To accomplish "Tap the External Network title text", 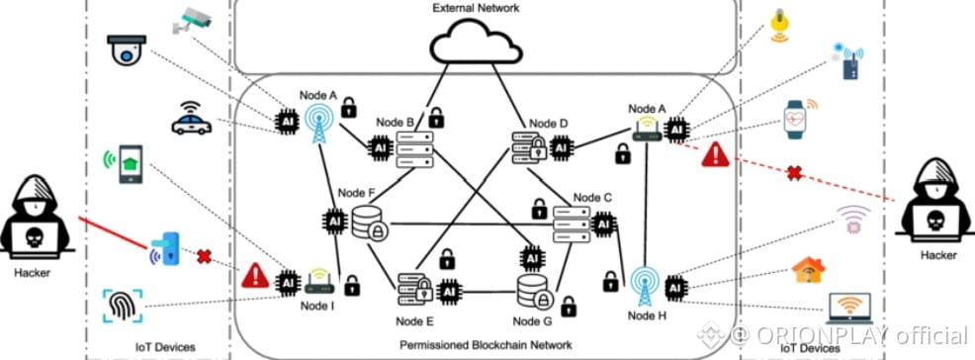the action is point(476,8).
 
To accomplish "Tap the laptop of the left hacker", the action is point(36,238).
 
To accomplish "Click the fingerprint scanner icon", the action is point(122,307).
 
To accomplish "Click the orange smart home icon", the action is point(808,270).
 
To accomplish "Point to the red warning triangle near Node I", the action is point(255,276).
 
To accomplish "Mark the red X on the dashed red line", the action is point(793,173).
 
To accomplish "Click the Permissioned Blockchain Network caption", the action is point(486,344).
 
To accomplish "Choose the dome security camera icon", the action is point(128,49).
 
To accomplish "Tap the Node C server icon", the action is point(572,225).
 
